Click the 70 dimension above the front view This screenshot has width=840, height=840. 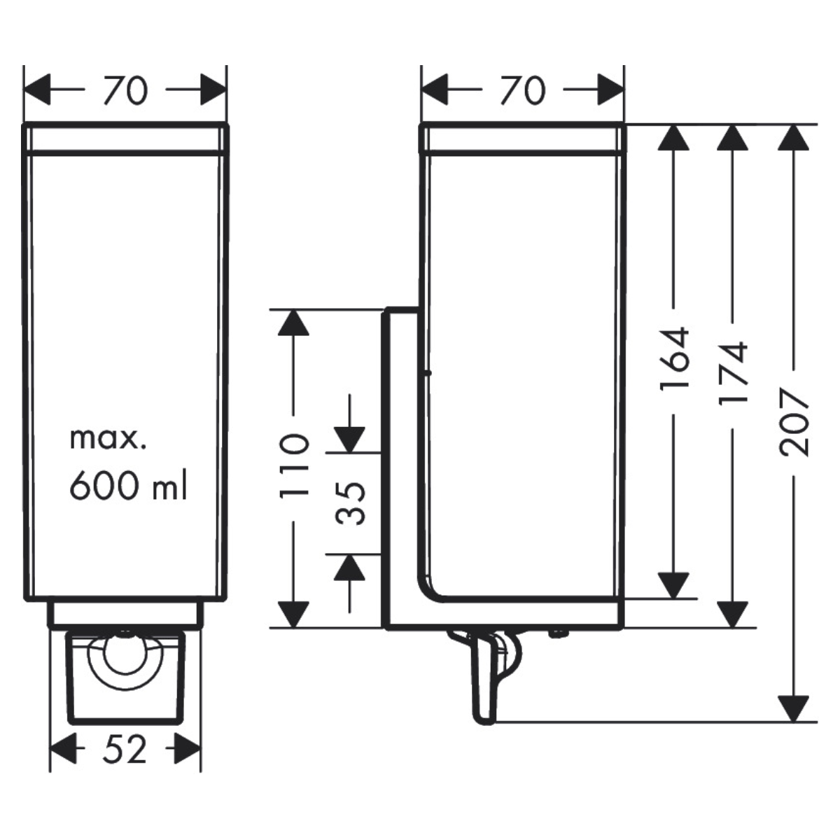coord(126,90)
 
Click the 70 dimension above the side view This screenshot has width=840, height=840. coord(523,90)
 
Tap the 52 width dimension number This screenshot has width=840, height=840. coord(125,748)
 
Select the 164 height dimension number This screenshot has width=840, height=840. coord(675,358)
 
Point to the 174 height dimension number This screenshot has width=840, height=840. coord(733,373)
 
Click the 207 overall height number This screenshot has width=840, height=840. coord(793,422)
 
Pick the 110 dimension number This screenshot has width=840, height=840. coord(295,466)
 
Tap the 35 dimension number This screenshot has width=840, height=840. coord(349,503)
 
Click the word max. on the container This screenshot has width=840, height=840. coord(108,440)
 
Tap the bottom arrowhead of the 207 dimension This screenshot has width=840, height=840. coord(793,708)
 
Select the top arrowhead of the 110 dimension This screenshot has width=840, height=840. coord(293,322)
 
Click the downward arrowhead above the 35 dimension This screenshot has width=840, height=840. coord(349,439)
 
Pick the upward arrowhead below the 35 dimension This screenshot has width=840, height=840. coord(349,567)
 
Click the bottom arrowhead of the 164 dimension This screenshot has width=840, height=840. coord(673,585)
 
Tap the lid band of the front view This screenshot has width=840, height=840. coord(125,138)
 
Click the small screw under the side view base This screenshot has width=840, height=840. coord(556,633)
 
